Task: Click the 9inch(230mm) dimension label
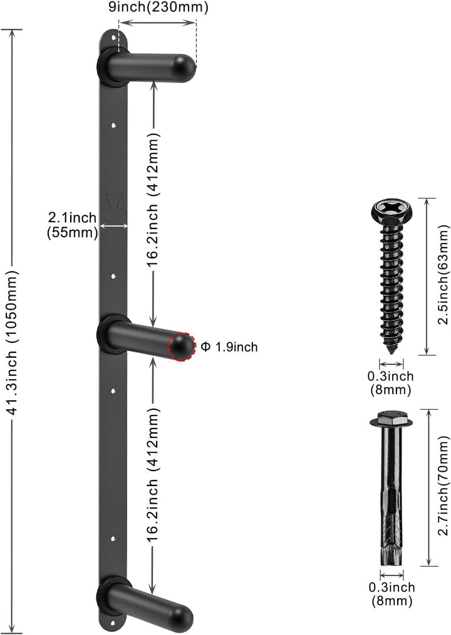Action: pyautogui.click(x=158, y=8)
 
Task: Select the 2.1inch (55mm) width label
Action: pyautogui.click(x=73, y=225)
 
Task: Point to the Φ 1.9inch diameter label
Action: pyautogui.click(x=229, y=347)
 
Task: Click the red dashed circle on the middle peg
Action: pyautogui.click(x=182, y=347)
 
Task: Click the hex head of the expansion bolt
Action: pyautogui.click(x=391, y=417)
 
